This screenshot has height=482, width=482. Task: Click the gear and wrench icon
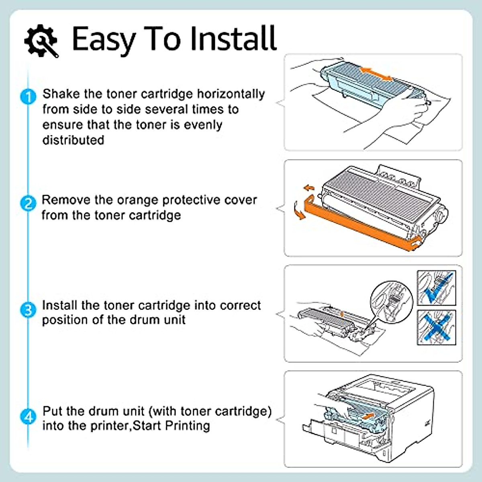[x=41, y=40]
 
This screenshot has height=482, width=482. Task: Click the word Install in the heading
[x=233, y=39]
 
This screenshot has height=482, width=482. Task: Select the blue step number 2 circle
[x=28, y=203]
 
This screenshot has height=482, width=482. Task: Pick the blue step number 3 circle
[x=28, y=310]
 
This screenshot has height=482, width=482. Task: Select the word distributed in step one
[x=73, y=140]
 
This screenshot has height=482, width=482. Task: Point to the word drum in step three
[x=144, y=320]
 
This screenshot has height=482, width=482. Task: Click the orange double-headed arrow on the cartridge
[x=376, y=74]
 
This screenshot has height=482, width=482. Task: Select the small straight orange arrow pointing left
[x=308, y=188]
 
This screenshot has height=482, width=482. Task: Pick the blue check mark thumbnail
[x=436, y=288]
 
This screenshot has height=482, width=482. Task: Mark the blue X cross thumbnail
[x=436, y=327]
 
